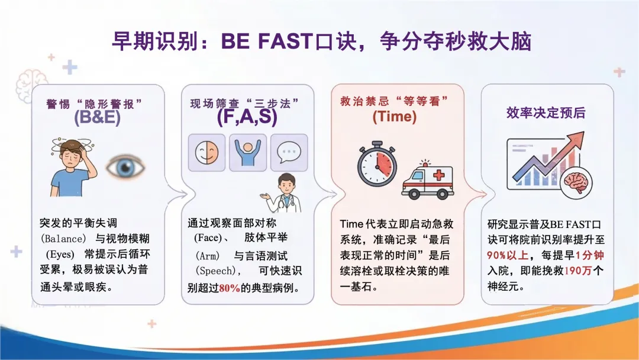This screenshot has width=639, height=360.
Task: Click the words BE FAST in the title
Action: [x=266, y=41]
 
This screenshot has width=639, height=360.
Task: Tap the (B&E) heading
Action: [x=98, y=117]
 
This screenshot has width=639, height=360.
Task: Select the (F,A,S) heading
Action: [x=247, y=116]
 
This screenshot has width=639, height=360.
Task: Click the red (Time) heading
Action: [x=395, y=116]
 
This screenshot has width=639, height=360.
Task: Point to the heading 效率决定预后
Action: [x=546, y=112]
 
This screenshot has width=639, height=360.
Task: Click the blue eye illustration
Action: [x=125, y=167]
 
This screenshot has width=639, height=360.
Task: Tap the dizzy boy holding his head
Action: [x=73, y=167]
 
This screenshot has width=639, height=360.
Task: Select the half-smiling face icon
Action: [x=206, y=153]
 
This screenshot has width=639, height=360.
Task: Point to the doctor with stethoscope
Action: [x=283, y=192]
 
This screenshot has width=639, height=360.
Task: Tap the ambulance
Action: [x=428, y=179]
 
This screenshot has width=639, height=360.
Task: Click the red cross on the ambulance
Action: [x=438, y=175]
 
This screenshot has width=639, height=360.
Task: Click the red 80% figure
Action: [x=230, y=288]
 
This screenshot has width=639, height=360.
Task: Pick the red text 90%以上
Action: [x=508, y=255]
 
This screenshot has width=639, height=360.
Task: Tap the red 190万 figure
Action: [x=578, y=271]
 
